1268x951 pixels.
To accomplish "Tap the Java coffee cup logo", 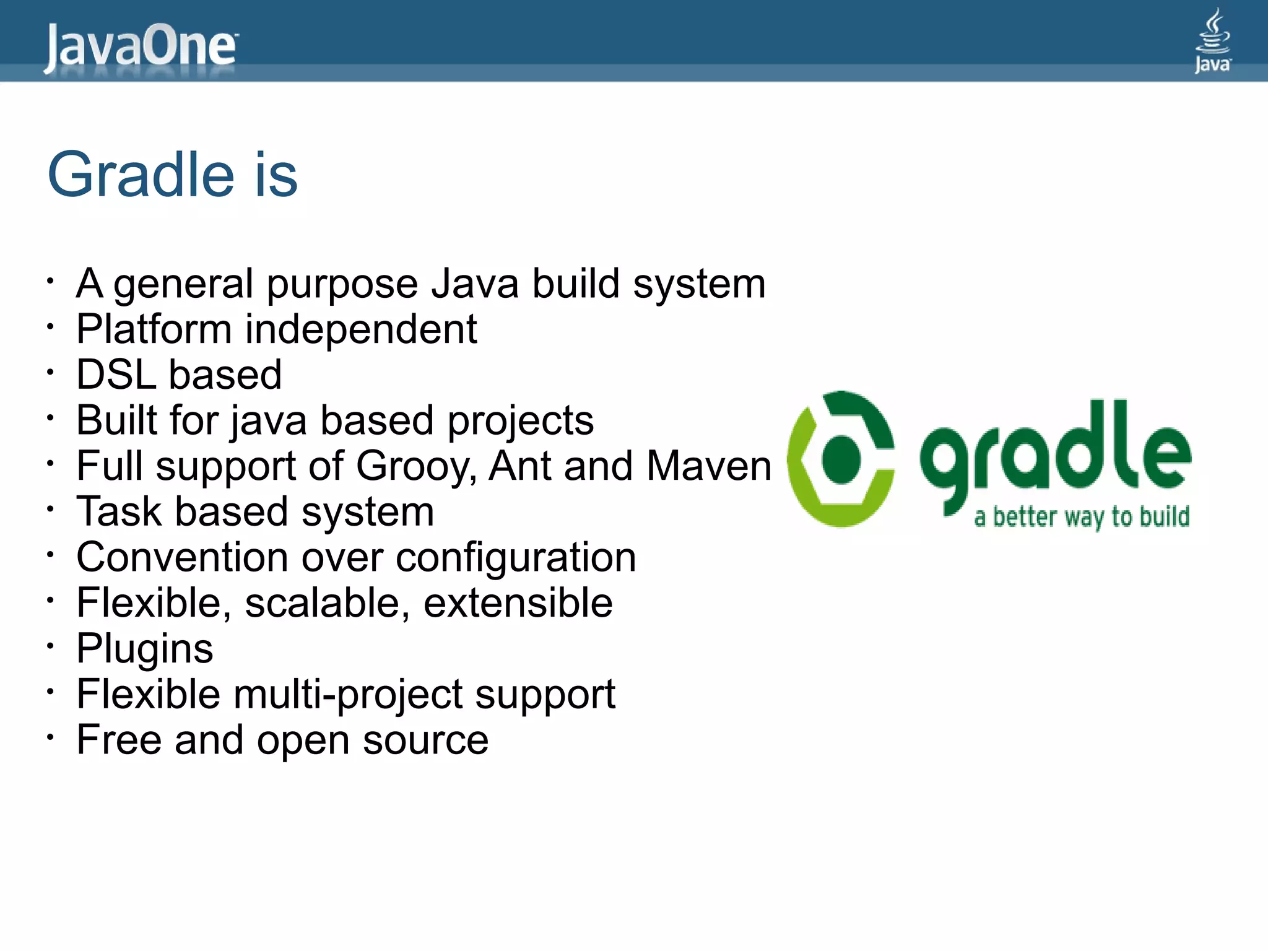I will coord(1212,40).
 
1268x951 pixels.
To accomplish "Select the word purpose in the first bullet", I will coord(342,284).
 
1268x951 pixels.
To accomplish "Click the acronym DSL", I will coord(116,375).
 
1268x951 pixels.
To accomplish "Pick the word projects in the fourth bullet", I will coord(520,421).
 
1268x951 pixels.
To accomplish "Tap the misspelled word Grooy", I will coord(414,466).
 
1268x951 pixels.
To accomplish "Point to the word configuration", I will coord(516,558).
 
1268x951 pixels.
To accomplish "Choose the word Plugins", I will coord(144,649).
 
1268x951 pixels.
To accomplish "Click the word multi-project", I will coord(347,695).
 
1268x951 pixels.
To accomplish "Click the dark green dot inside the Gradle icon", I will coord(841,459).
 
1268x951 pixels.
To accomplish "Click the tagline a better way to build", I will coord(1082,517).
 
